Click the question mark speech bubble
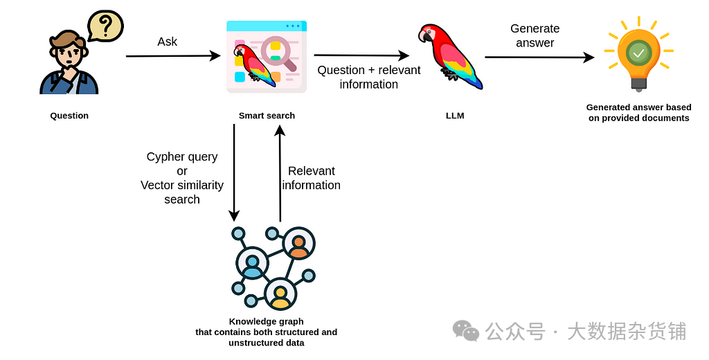[105, 26]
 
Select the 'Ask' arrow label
[168, 42]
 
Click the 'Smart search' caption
[267, 116]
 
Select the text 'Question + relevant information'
[369, 77]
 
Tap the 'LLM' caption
[455, 116]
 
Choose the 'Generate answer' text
[535, 36]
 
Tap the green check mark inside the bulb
[638, 53]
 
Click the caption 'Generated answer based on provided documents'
[638, 112]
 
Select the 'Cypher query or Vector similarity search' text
[182, 178]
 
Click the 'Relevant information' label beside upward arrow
[312, 178]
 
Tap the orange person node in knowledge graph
[299, 244]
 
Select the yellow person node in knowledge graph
[280, 295]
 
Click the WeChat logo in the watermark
[465, 331]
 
